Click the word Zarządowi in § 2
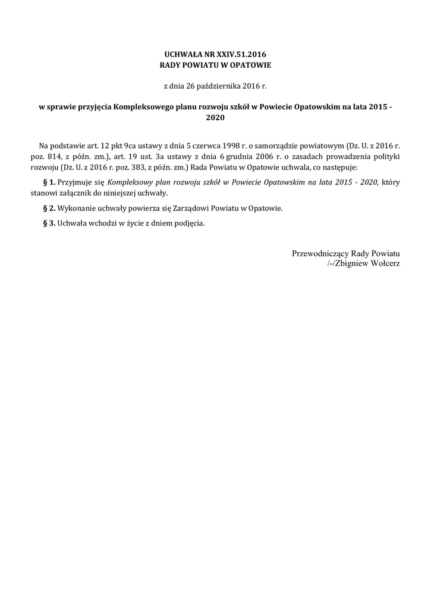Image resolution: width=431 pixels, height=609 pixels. (x=181, y=209)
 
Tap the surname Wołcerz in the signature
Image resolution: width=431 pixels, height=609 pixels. (x=383, y=263)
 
